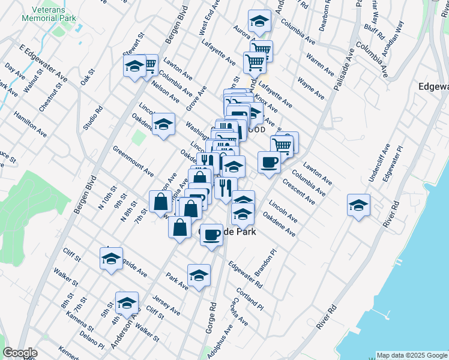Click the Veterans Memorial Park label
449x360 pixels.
58,13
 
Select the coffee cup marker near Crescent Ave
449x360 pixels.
269,162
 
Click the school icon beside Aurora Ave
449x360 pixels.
259,22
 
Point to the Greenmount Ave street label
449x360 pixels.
133,161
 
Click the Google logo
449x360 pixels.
20,353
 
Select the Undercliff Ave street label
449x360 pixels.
379,162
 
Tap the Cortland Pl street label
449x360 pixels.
250,297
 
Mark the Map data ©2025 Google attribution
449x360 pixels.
412,355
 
